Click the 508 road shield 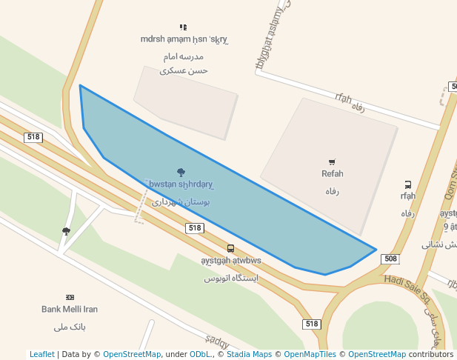(x=390, y=259)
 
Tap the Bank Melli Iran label (x=70, y=309)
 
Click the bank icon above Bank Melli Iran (x=70, y=297)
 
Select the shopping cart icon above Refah (x=332, y=162)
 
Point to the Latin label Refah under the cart (x=333, y=174)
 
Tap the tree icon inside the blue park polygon (x=181, y=173)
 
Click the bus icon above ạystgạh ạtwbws (x=231, y=249)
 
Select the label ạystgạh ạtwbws (x=231, y=261)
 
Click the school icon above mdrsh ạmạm (x=184, y=27)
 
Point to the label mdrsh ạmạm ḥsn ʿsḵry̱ (x=184, y=39)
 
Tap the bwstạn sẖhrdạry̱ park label (x=181, y=184)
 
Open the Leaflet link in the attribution (x=42, y=354)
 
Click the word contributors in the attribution (x=431, y=354)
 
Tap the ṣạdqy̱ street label (x=217, y=341)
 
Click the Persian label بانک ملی (x=70, y=326)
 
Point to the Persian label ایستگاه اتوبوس (x=231, y=278)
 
